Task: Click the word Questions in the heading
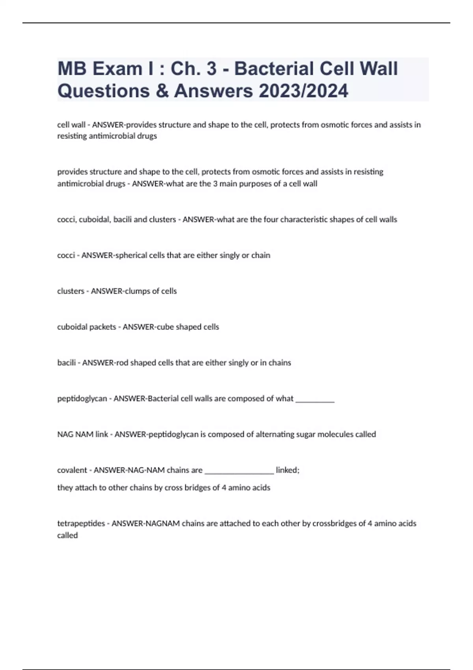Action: point(103,91)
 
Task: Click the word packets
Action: point(103,327)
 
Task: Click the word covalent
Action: point(72,470)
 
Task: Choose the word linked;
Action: point(287,470)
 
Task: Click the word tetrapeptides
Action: point(80,524)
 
